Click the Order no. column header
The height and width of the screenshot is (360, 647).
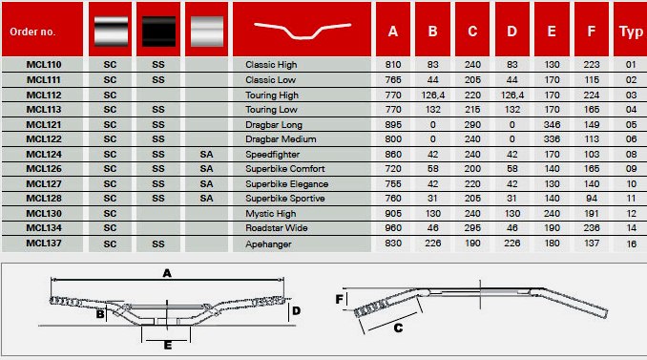pos(32,32)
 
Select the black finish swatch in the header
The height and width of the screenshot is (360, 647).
pos(158,32)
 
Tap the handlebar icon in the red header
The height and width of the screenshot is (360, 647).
pos(303,31)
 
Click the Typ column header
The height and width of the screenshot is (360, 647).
pos(631,32)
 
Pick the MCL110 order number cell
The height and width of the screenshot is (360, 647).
pos(44,64)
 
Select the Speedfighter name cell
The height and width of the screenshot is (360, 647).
pos(272,155)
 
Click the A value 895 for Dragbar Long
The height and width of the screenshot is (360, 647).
pos(393,125)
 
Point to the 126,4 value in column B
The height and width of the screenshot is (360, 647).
pos(433,95)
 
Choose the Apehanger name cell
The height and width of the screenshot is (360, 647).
pos(268,244)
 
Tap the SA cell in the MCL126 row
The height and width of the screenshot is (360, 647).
pos(206,169)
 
